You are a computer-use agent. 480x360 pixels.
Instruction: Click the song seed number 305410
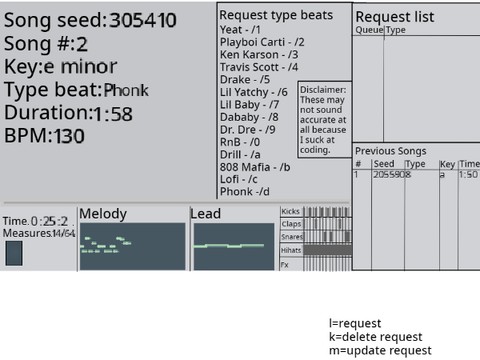143,20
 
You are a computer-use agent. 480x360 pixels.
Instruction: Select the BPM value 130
70,136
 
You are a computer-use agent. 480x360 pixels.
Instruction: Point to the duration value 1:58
112,114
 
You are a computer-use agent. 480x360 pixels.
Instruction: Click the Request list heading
395,17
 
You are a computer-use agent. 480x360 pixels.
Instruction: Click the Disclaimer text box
323,121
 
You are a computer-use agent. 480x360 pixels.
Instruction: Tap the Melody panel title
103,214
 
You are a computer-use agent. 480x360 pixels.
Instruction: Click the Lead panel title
205,214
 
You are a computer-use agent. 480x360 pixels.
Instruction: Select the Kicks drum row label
291,212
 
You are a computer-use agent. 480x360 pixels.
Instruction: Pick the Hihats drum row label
291,250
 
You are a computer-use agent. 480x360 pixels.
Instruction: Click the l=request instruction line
356,324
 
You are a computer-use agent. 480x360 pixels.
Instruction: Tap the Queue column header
368,31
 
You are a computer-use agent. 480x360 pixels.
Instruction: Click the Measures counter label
39,233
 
